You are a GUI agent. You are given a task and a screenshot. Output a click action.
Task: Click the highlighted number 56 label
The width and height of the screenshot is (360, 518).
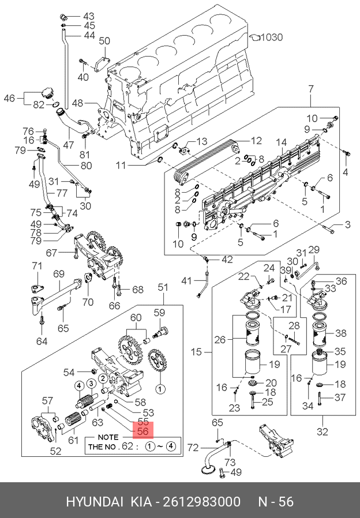tap(143, 431)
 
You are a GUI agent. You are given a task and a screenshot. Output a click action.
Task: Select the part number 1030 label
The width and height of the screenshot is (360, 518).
tap(272, 37)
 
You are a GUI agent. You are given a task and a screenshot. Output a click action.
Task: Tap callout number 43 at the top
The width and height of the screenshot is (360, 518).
tap(88, 16)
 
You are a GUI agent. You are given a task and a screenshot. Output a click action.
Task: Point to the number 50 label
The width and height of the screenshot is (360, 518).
tap(104, 41)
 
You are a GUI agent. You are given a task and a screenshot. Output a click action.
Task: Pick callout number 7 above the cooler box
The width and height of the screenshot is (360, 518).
tap(311, 89)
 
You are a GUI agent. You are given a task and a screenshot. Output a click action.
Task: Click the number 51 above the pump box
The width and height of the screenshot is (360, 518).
tap(163, 287)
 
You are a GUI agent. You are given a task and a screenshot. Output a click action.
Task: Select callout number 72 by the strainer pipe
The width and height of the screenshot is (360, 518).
tap(193, 448)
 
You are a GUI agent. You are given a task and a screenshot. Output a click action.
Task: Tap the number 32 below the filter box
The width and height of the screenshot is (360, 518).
tap(322, 431)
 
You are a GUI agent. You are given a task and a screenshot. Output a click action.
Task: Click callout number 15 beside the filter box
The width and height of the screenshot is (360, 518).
tap(196, 352)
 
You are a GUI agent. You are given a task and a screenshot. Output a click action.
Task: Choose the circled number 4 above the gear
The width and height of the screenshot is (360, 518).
tap(79, 385)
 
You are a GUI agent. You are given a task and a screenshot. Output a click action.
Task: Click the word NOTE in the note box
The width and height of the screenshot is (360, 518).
tap(108, 437)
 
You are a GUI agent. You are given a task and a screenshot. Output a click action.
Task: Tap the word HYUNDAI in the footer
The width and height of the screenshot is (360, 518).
tap(95, 501)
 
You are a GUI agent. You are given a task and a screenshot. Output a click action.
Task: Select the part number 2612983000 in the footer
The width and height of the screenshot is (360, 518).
tap(202, 501)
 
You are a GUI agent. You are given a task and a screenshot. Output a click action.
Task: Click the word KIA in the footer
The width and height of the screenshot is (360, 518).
tap(141, 501)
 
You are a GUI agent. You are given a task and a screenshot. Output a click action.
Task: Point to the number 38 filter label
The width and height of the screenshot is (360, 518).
tap(340, 333)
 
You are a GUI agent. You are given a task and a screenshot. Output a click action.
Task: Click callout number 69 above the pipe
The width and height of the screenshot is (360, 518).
tap(59, 274)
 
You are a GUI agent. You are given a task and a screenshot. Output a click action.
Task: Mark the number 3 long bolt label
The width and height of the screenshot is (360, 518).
tap(347, 224)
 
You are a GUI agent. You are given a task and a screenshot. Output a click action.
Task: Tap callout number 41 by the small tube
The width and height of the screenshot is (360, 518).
tap(186, 281)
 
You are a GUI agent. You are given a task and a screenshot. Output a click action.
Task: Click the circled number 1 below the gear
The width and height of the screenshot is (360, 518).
tap(160, 389)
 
